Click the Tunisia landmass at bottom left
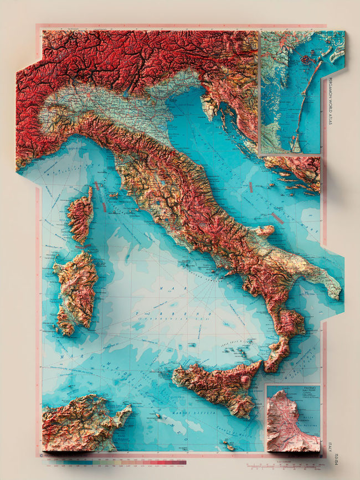(x=78, y=424)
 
